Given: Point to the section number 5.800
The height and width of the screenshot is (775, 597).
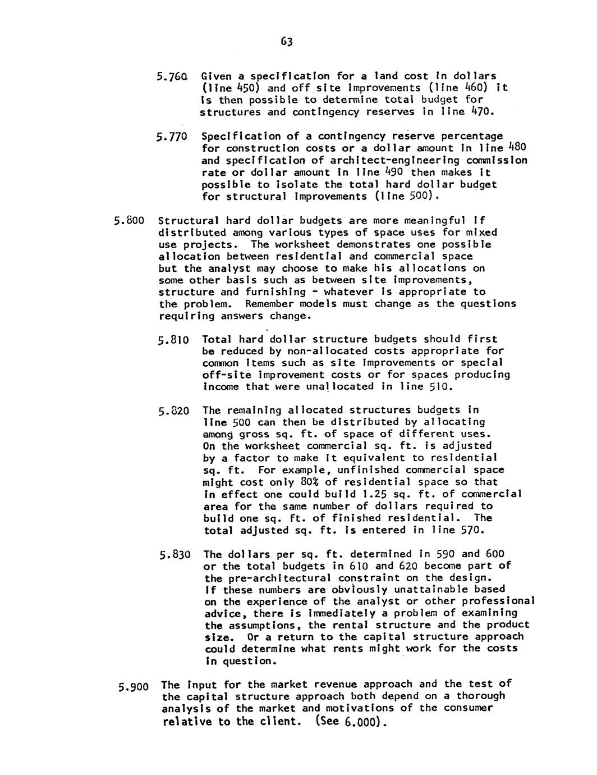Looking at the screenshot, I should [x=131, y=221].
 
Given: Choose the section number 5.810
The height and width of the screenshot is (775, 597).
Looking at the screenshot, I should [x=174, y=340].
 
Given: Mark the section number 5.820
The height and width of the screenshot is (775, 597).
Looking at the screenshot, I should [x=174, y=411].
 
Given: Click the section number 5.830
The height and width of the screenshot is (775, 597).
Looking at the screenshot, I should [x=174, y=555].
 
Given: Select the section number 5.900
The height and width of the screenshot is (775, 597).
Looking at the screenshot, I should [x=134, y=686].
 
